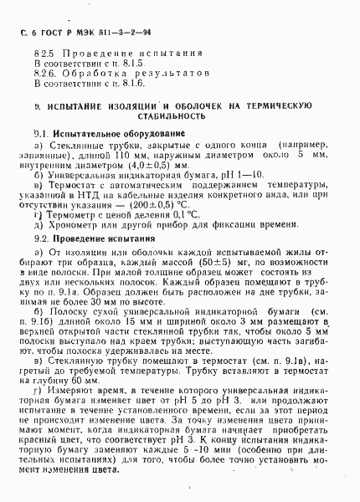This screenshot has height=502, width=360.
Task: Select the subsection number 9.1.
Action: pyautogui.click(x=40, y=134)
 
